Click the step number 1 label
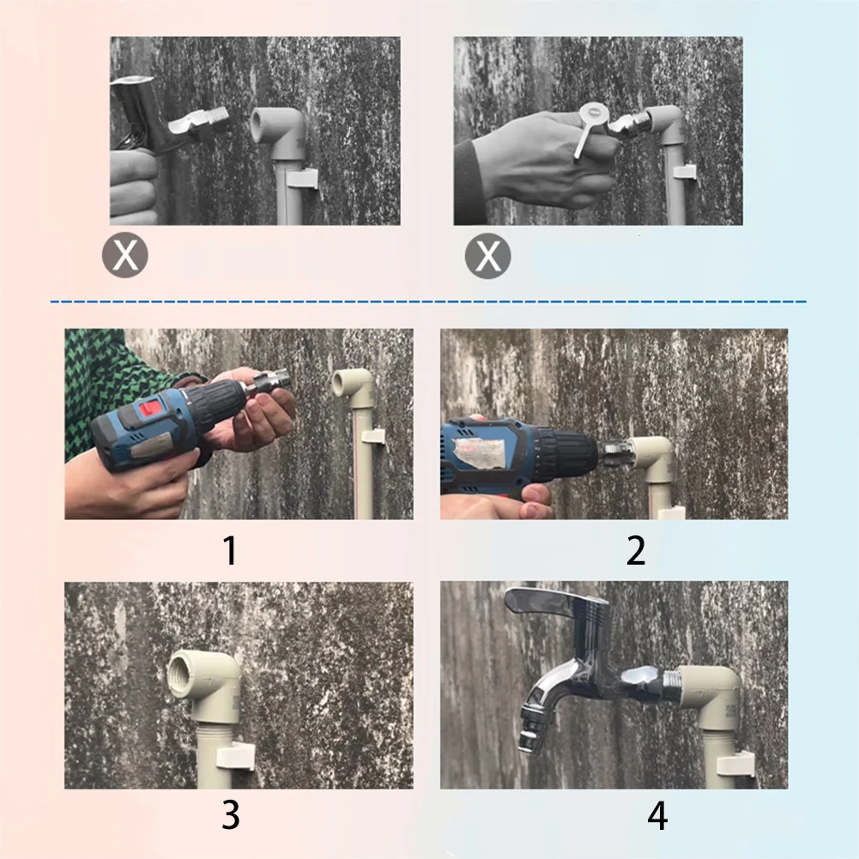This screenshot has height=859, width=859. [x=229, y=550]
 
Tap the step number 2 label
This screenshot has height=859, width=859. [x=635, y=550]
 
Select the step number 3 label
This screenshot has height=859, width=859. [x=230, y=814]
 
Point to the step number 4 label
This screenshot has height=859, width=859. [x=657, y=815]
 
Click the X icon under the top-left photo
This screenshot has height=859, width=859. [x=125, y=254]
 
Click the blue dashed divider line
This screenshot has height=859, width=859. [x=429, y=302]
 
